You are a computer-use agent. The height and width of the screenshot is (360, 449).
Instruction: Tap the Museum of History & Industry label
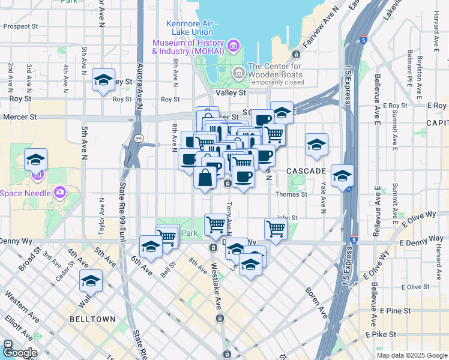click(187, 47)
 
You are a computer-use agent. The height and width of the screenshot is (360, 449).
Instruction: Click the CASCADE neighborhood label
click(306, 171)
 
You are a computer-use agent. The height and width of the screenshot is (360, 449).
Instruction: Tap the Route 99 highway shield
click(139, 139)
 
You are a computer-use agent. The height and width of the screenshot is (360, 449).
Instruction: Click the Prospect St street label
click(20, 27)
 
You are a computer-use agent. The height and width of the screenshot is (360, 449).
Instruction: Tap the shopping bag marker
click(205, 178)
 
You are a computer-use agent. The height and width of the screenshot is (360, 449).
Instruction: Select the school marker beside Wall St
click(91, 281)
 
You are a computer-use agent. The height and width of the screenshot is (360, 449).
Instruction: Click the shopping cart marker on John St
click(276, 228)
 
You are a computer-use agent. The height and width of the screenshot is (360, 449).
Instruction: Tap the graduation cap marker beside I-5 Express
click(342, 176)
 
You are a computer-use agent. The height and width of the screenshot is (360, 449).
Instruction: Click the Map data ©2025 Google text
click(411, 355)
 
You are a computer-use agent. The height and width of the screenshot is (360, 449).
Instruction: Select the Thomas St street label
click(291, 194)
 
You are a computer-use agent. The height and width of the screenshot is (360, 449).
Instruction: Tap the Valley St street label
click(231, 93)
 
